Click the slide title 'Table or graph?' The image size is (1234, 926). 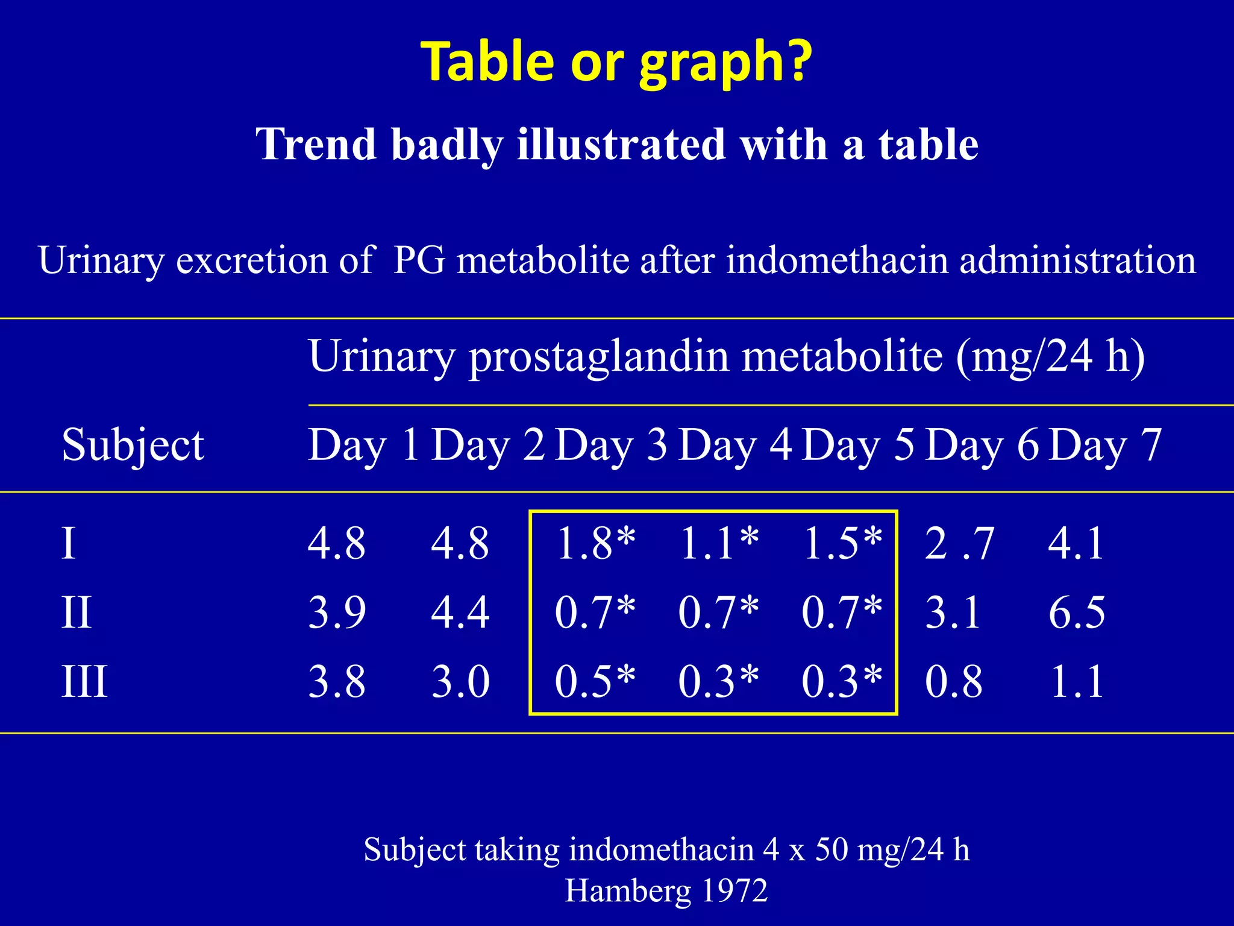click(617, 61)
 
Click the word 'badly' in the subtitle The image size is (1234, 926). click(446, 145)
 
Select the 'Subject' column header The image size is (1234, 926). click(133, 445)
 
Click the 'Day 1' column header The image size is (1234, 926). click(363, 445)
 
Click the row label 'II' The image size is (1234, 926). click(77, 613)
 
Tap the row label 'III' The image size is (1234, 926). click(84, 682)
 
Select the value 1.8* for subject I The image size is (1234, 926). click(595, 543)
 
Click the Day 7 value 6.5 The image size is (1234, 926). click(1077, 613)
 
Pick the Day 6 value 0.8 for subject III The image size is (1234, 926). click(953, 682)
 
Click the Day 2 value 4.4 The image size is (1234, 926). click(460, 613)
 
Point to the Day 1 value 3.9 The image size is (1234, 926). click(337, 613)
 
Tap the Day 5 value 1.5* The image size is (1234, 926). click(842, 543)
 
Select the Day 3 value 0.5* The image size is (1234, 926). click(595, 682)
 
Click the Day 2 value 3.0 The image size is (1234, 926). click(460, 682)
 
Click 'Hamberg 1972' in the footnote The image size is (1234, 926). click(666, 890)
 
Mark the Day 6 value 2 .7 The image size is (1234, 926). click(959, 543)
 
